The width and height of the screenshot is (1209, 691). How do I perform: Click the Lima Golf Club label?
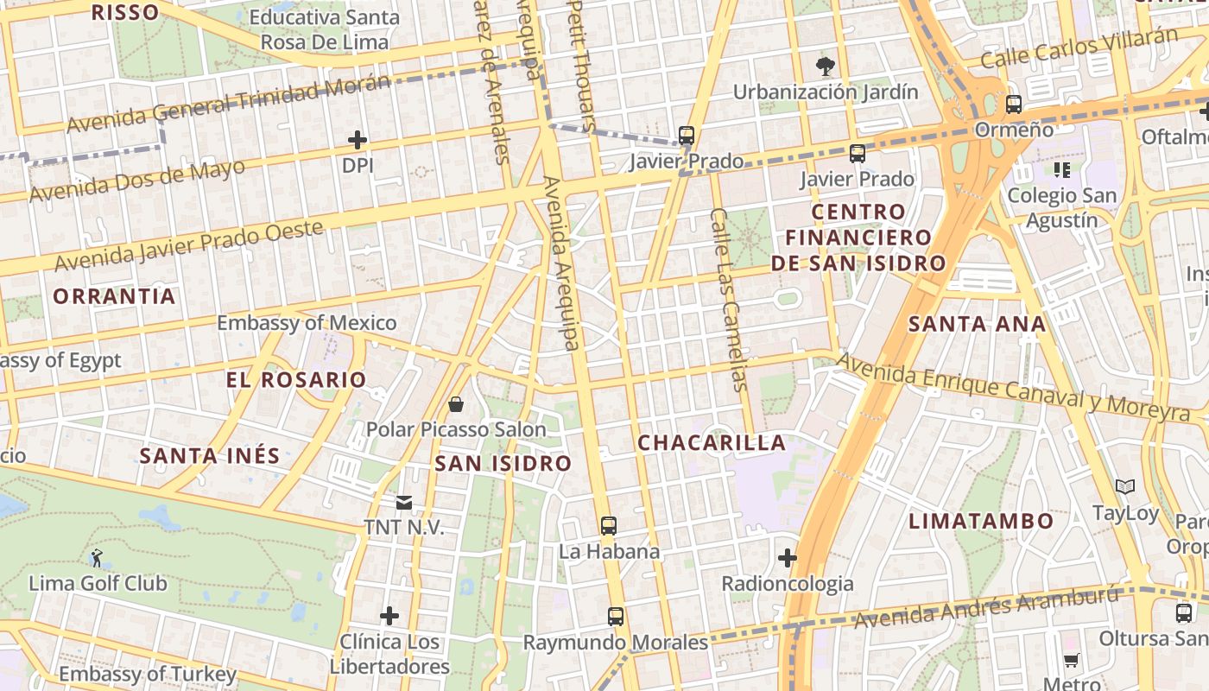click(x=98, y=583)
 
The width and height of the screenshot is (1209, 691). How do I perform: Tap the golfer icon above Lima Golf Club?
click(x=97, y=558)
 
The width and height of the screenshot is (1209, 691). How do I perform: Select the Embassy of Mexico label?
click(x=307, y=323)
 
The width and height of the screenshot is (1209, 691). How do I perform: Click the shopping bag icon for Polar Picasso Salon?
click(x=456, y=404)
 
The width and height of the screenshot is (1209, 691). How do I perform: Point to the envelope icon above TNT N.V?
click(x=403, y=503)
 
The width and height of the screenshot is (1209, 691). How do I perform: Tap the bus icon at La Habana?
click(x=609, y=526)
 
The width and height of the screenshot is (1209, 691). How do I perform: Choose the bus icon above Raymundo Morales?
click(x=616, y=617)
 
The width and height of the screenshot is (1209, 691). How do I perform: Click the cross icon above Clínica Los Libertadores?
click(x=389, y=616)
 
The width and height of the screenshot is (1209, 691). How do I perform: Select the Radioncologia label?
click(x=788, y=584)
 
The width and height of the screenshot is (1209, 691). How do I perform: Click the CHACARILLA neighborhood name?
click(x=712, y=443)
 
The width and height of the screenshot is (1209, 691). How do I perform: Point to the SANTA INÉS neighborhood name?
click(x=210, y=456)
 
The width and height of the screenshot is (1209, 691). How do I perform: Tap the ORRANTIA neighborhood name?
click(x=114, y=296)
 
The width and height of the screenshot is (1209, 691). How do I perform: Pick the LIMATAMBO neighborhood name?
click(x=981, y=521)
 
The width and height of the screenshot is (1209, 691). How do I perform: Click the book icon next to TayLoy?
click(x=1125, y=487)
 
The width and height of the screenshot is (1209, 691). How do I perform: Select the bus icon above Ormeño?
click(x=1014, y=105)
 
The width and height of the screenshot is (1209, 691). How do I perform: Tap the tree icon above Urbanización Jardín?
click(x=826, y=66)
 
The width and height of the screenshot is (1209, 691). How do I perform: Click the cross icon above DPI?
click(x=358, y=139)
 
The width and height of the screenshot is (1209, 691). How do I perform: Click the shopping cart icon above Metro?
click(x=1072, y=661)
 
